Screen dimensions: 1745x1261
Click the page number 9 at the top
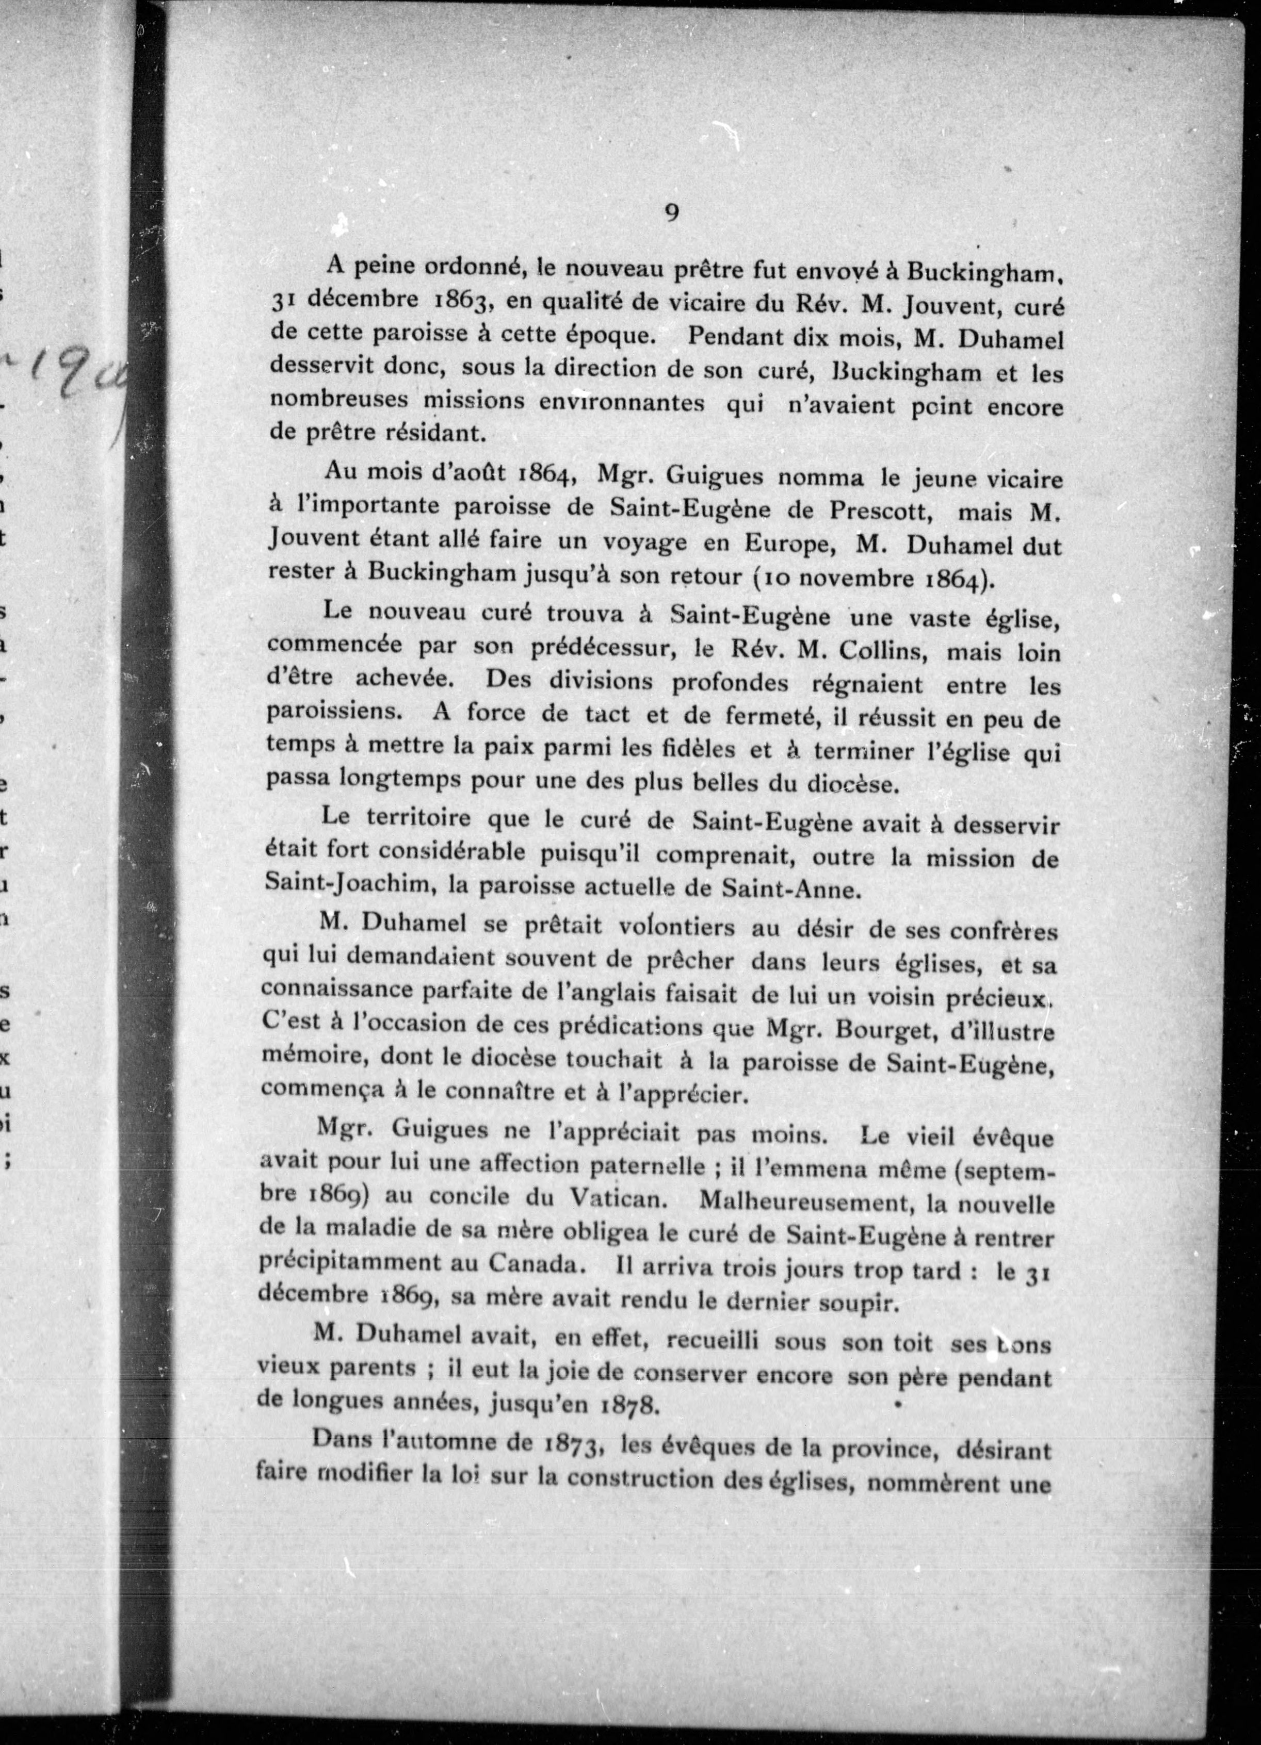671,212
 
